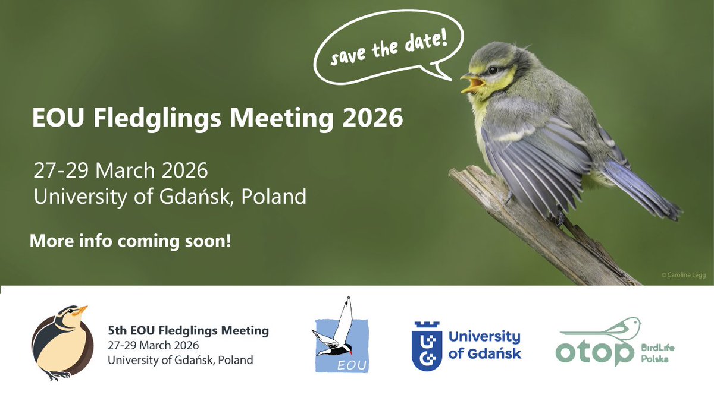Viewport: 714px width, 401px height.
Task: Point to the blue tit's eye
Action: [x=493, y=70]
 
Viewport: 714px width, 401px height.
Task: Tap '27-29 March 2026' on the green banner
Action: [x=121, y=171]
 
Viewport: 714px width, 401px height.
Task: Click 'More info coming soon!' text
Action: [x=130, y=242]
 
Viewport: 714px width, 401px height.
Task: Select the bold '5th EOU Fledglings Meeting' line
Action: [x=188, y=330]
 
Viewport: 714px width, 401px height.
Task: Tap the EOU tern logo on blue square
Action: [x=341, y=335]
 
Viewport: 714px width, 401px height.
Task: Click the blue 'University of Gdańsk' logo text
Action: [x=484, y=345]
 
